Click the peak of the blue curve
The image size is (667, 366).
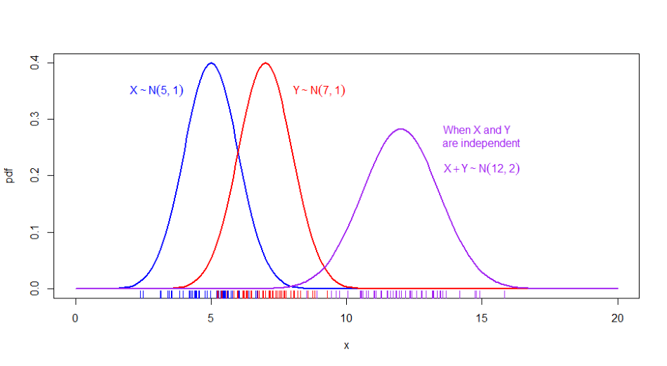[x=211, y=63]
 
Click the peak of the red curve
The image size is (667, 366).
[x=265, y=63]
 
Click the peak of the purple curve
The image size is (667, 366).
[x=401, y=129]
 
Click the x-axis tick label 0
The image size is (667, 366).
[x=76, y=317]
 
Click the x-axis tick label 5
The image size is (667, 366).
[x=211, y=317]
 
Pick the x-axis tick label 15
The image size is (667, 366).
[x=483, y=317]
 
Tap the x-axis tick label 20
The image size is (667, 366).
[x=618, y=317]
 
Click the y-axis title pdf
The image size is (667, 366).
[x=10, y=176]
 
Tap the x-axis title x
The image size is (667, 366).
[x=346, y=346]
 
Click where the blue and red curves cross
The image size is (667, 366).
[x=239, y=152]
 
